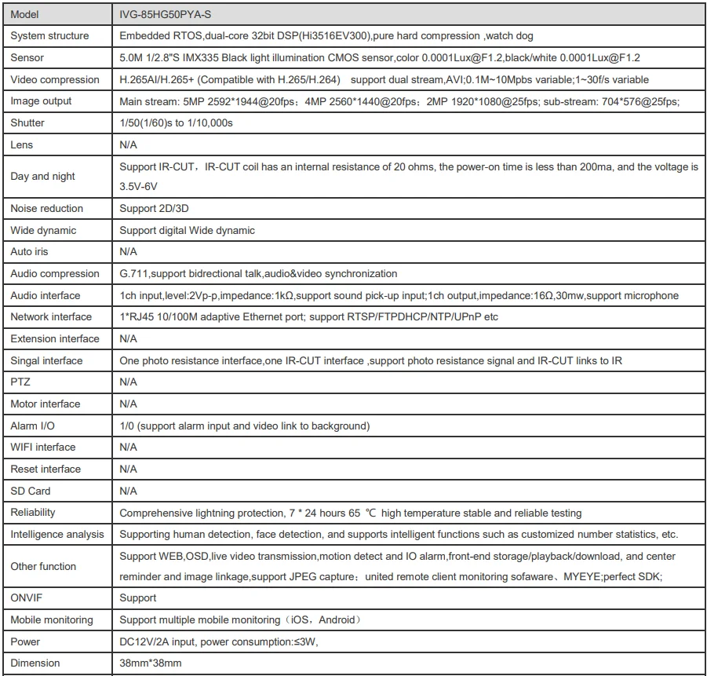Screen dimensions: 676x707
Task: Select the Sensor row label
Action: click(27, 57)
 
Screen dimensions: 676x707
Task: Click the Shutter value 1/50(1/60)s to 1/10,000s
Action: click(177, 123)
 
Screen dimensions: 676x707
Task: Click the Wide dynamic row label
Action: click(43, 230)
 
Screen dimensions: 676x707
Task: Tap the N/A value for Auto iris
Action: click(128, 252)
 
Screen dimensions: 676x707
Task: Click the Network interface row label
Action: click(51, 317)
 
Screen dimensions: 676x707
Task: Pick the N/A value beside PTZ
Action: click(128, 382)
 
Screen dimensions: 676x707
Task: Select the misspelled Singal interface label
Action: click(46, 360)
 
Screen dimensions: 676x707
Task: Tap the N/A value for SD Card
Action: click(128, 491)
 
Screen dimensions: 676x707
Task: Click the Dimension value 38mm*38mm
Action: click(151, 663)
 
